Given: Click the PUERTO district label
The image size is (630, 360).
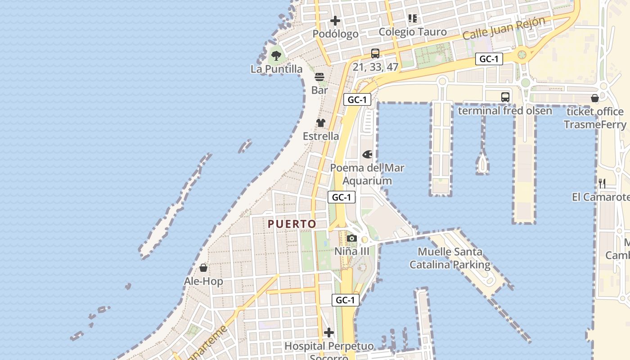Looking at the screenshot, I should point(292,224).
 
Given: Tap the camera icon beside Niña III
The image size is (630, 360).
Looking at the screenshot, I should point(352,238).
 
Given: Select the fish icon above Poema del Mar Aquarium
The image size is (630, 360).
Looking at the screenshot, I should point(367,155).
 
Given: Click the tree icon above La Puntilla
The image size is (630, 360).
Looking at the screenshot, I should point(276,56).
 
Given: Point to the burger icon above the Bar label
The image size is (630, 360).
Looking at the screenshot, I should point(319,77).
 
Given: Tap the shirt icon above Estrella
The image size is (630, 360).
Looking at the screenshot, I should point(321,122).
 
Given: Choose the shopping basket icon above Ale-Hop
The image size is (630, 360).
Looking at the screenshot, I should point(203,268).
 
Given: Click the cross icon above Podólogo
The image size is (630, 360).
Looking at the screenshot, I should point(335,21).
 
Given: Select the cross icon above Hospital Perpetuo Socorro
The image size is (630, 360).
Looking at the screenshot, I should point(329,333).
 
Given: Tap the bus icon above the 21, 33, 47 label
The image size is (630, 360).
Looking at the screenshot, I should point(375,54).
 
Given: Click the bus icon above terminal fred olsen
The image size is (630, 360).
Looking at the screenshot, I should point(505,97).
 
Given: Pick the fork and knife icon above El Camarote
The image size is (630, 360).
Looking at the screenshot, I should point(602,183).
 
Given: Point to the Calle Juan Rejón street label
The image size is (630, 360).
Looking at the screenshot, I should point(504,28).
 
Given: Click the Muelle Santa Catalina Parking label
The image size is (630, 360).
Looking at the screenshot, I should point(450,258).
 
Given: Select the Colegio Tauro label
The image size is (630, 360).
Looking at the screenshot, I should point(413,32).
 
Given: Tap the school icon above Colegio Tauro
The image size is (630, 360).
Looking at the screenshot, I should point(413,18).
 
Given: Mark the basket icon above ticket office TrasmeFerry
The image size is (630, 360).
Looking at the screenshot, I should point(595,98).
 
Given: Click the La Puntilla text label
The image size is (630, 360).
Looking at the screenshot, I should point(277,69).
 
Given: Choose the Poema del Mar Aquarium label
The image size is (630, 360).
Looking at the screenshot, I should point(367,174).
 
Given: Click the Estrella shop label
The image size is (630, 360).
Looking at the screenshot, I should point(321,136).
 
